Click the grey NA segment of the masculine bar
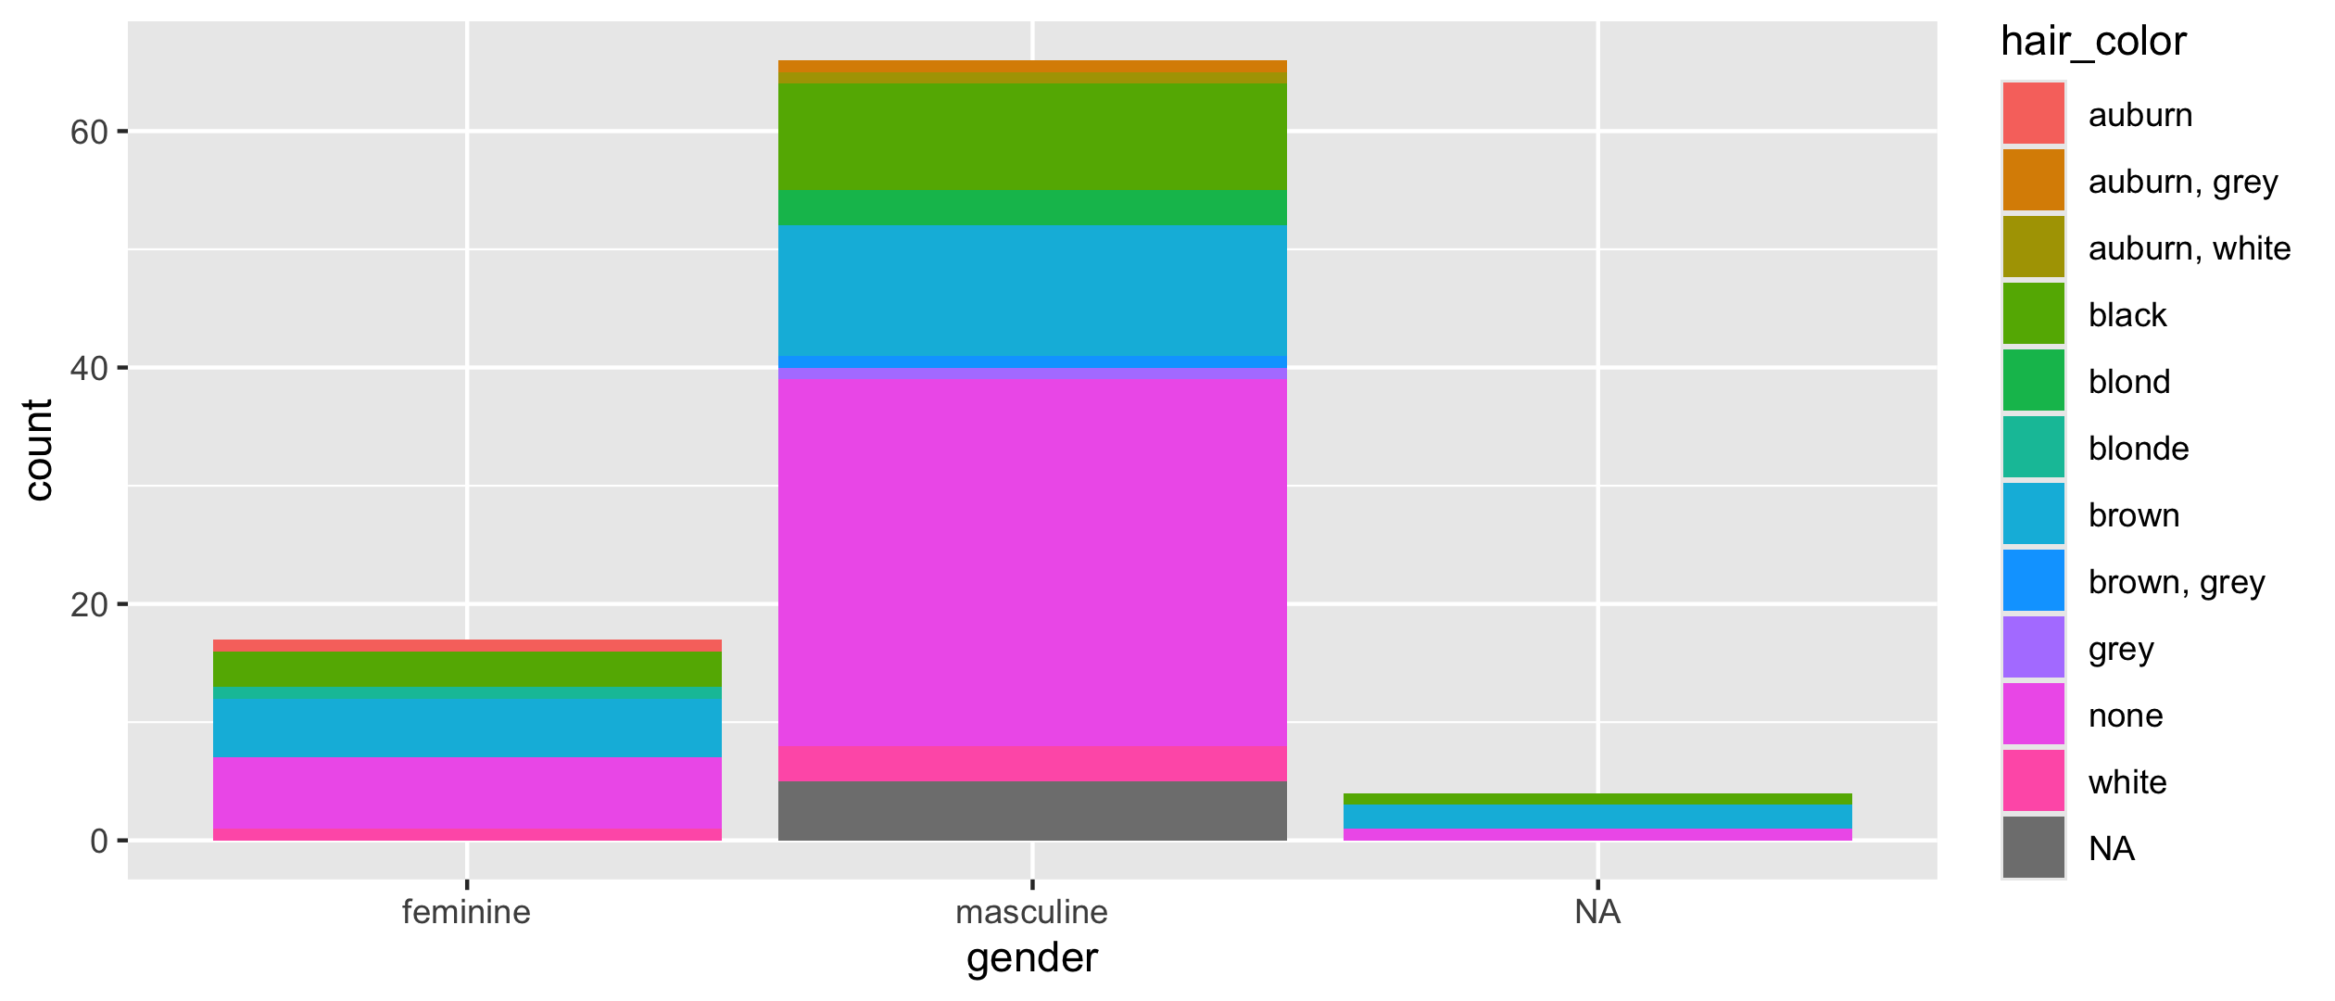(1031, 811)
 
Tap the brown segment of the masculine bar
(1031, 291)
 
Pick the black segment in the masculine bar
(1031, 137)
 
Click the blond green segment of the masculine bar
(1031, 209)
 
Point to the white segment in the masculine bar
(1031, 764)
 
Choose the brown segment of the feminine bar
(467, 729)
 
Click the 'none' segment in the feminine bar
(467, 793)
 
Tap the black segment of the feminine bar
(467, 669)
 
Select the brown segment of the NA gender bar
(1597, 816)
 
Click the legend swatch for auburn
(2033, 114)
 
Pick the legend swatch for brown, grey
(2033, 581)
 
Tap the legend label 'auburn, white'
(2189, 248)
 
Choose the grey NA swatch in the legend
(2033, 847)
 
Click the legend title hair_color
(2093, 42)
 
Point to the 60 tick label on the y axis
(89, 133)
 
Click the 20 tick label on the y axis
(89, 605)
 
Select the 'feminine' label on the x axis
(466, 912)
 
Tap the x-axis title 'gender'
(1031, 958)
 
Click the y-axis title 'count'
(39, 450)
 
